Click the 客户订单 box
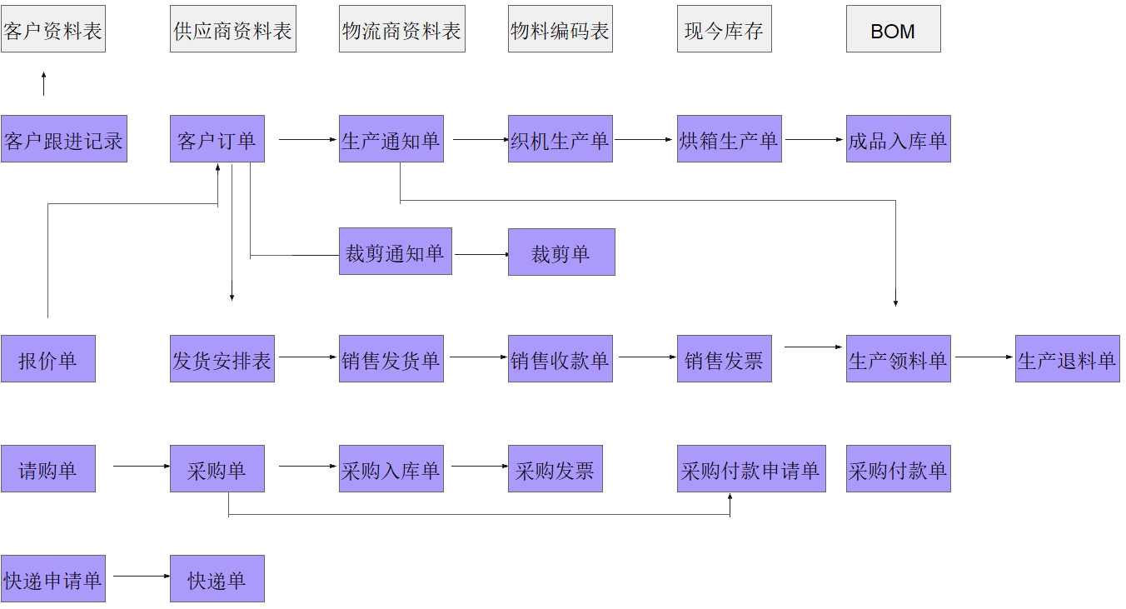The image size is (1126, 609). point(217,139)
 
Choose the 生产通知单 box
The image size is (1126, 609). point(391,139)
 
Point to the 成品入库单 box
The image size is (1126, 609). point(898,139)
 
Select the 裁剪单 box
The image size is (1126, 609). point(561,252)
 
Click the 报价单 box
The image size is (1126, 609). point(48,359)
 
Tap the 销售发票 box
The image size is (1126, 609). point(724,359)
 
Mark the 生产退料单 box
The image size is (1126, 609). point(1067,359)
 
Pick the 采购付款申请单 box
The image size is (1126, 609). point(751,469)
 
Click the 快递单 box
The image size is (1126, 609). point(217,579)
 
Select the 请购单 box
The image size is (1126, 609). point(48,469)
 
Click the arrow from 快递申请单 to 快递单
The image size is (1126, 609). point(141,576)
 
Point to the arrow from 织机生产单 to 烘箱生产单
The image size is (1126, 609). point(644,139)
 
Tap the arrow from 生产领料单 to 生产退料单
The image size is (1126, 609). point(984,357)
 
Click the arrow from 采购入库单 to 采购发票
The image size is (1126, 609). point(479,467)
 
